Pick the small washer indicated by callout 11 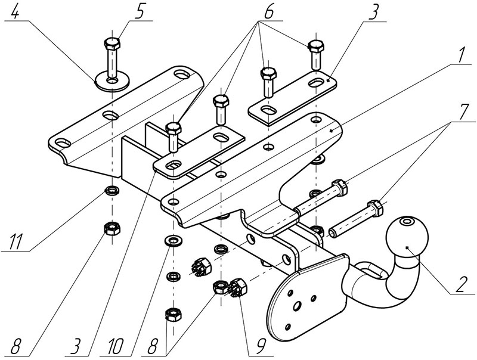[111, 191]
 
